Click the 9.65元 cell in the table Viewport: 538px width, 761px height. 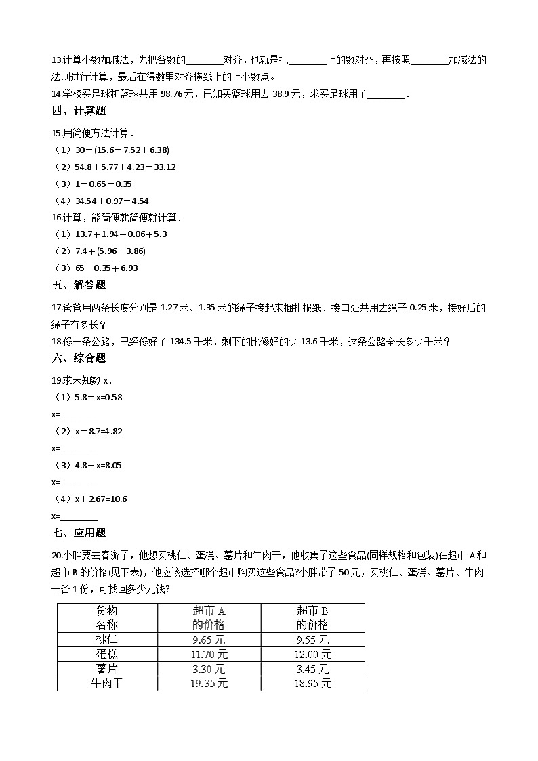[209, 640]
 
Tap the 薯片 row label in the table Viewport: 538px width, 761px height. [107, 669]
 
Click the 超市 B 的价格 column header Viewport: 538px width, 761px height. [312, 617]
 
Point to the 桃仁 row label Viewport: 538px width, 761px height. [107, 640]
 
